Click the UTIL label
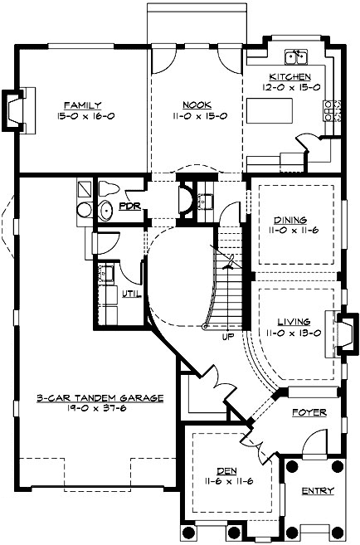click(131, 294)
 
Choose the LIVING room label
click(294, 321)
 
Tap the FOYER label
click(309, 412)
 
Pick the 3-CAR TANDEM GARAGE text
click(88, 398)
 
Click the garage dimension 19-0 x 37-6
click(88, 408)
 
